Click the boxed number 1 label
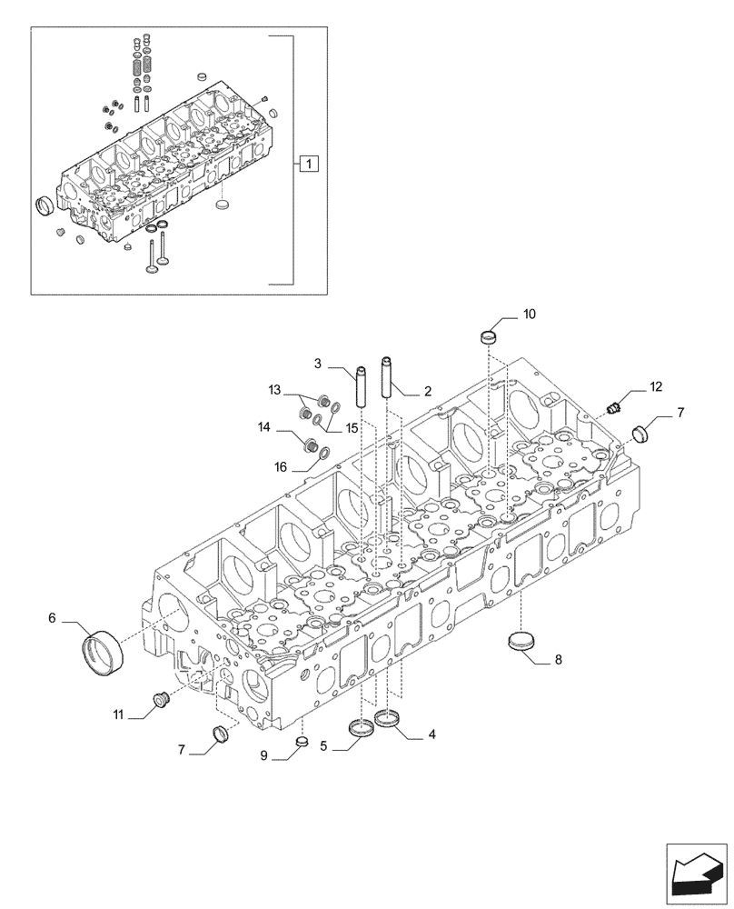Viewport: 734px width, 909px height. (309, 165)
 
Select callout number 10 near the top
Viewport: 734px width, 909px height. (529, 315)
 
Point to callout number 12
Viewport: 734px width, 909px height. (657, 388)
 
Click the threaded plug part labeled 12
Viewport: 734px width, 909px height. (615, 406)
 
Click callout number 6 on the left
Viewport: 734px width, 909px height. (52, 617)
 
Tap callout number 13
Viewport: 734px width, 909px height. (275, 390)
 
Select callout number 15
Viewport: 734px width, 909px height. (352, 427)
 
